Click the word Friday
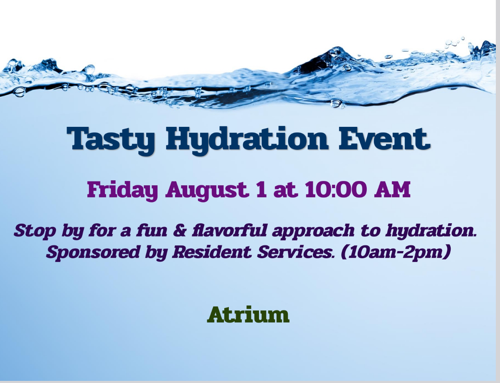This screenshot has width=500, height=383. click(x=122, y=190)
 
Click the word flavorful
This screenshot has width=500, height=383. click(x=229, y=230)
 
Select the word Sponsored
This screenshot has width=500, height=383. click(x=93, y=252)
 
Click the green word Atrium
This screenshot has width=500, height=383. click(x=248, y=315)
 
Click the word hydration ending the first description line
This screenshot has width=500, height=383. click(x=431, y=231)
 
